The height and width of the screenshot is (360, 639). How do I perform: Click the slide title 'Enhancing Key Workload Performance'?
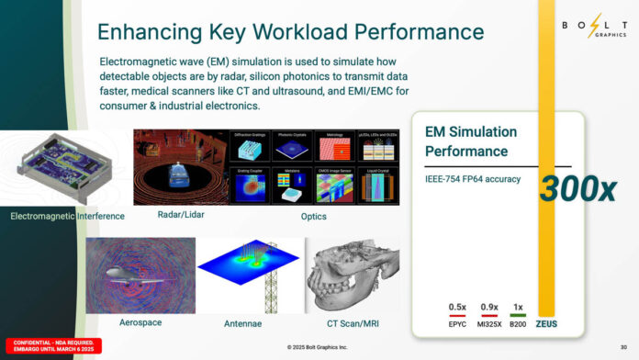pyautogui.click(x=290, y=32)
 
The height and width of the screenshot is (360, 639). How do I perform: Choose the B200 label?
pyautogui.click(x=517, y=323)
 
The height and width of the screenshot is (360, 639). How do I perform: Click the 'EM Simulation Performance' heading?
pyautogui.click(x=471, y=141)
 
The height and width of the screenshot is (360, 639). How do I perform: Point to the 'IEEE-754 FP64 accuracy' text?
pyautogui.click(x=473, y=179)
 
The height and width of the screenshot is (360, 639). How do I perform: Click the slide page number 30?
pyautogui.click(x=623, y=347)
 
